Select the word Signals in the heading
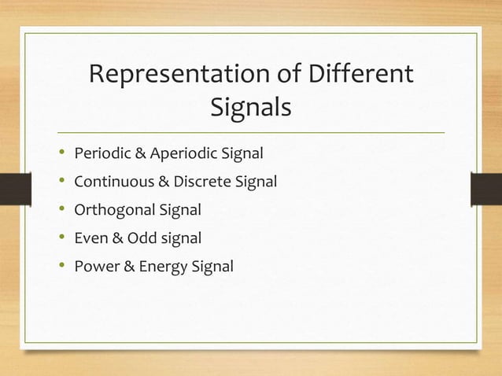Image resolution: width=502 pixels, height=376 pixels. click(x=251, y=109)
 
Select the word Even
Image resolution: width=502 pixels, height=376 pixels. click(x=90, y=238)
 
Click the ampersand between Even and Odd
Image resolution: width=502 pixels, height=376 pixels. click(x=116, y=238)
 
